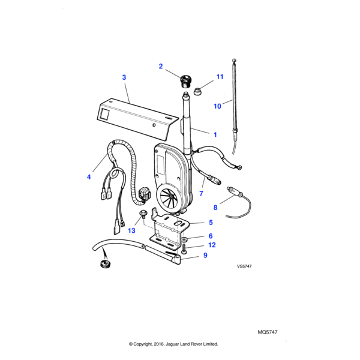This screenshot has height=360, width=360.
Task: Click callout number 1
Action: [214, 133]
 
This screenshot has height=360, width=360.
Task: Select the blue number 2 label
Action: [160, 66]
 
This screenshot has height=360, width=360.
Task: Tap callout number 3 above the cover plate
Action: [124, 77]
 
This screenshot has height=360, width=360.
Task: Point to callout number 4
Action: [89, 177]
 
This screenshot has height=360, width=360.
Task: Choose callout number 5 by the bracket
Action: [211, 223]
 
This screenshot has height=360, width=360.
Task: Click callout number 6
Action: [211, 236]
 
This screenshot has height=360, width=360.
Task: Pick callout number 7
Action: [202, 194]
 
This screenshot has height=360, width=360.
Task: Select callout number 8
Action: [216, 208]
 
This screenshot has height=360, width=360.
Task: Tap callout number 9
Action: [205, 255]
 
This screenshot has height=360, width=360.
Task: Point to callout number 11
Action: [220, 77]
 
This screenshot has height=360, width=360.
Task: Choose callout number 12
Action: [211, 245]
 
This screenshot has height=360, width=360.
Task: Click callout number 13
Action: [131, 230]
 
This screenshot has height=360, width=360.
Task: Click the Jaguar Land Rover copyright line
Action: [173, 344]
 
